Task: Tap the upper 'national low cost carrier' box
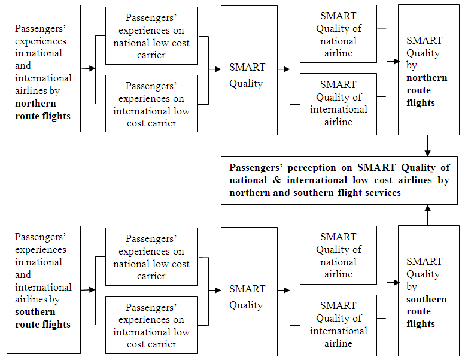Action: (151, 36)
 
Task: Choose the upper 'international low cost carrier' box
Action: (151, 104)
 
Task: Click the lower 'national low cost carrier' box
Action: (151, 257)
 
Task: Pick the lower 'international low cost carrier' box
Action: (151, 325)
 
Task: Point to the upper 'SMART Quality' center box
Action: (249, 71)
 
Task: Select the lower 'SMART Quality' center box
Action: (249, 292)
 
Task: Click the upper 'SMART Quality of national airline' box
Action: (338, 35)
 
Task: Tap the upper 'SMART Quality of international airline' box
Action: (338, 103)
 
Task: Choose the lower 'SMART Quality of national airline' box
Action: (338, 256)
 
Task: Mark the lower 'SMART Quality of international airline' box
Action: (338, 324)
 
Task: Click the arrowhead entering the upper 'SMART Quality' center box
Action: (217, 69)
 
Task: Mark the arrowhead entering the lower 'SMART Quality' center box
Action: (217, 291)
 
